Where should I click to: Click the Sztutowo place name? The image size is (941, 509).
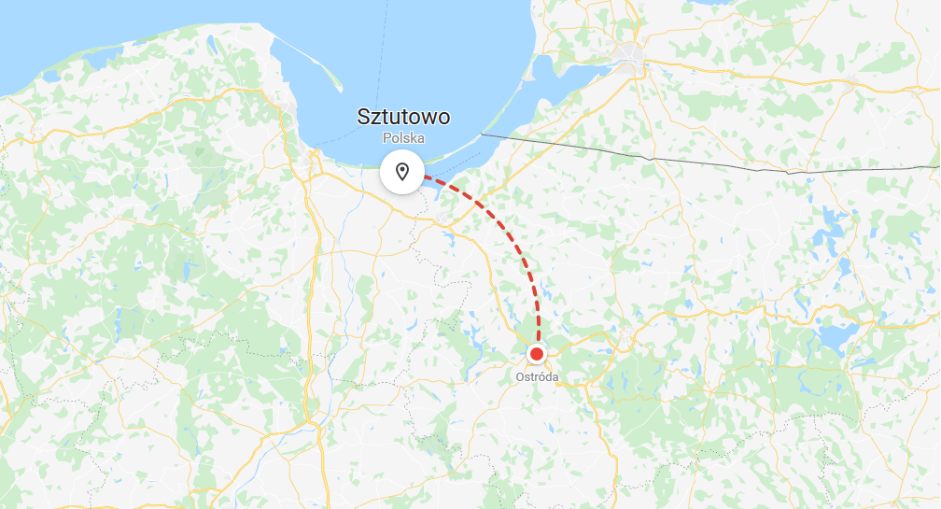pos(403,118)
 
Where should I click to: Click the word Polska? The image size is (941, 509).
pos(403,137)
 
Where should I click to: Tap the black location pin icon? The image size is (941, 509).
pos(402,172)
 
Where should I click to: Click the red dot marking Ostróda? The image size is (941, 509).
pos(538,354)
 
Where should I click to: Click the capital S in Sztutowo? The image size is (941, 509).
pos(364,118)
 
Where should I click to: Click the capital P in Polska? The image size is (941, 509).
pos(386,137)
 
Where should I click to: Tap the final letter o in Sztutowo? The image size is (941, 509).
pos(443,118)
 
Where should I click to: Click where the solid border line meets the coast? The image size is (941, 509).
pos(483,135)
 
